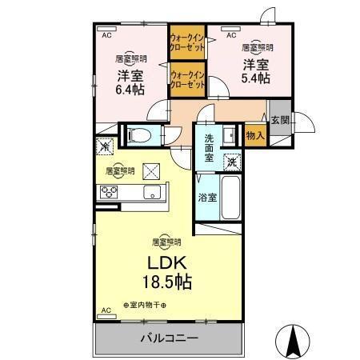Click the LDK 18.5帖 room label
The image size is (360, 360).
click(167, 272)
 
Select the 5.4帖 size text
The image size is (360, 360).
click(257, 78)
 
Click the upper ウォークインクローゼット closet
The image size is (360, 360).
click(186, 42)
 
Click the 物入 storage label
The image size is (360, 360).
click(256, 137)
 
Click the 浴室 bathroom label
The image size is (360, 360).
click(207, 197)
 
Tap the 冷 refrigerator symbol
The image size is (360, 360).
click(104, 146)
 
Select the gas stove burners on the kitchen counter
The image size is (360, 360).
click(108, 192)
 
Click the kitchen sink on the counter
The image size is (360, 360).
click(150, 194)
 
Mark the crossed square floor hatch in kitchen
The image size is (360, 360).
click(151, 170)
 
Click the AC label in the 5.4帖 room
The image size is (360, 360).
click(231, 36)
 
